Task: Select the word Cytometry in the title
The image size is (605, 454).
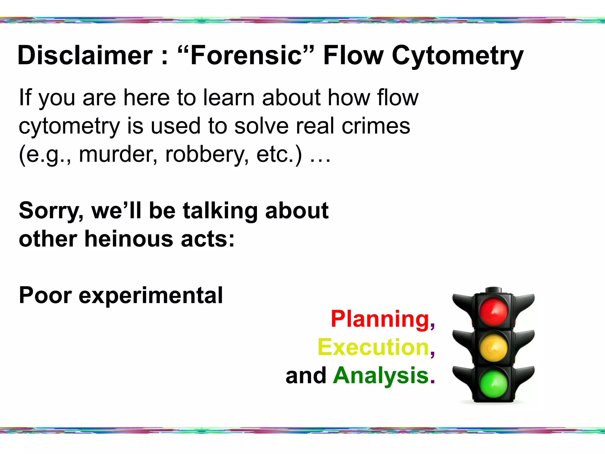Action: point(457,56)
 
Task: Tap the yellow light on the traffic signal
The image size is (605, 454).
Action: point(494,347)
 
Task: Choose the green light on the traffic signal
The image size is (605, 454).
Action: point(494,383)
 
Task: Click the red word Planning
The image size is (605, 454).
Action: point(380,319)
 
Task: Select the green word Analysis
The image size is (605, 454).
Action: point(381,376)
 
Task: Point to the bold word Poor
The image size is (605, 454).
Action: point(45,295)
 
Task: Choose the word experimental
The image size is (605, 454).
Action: point(151,296)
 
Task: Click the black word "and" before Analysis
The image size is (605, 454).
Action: point(306,376)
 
